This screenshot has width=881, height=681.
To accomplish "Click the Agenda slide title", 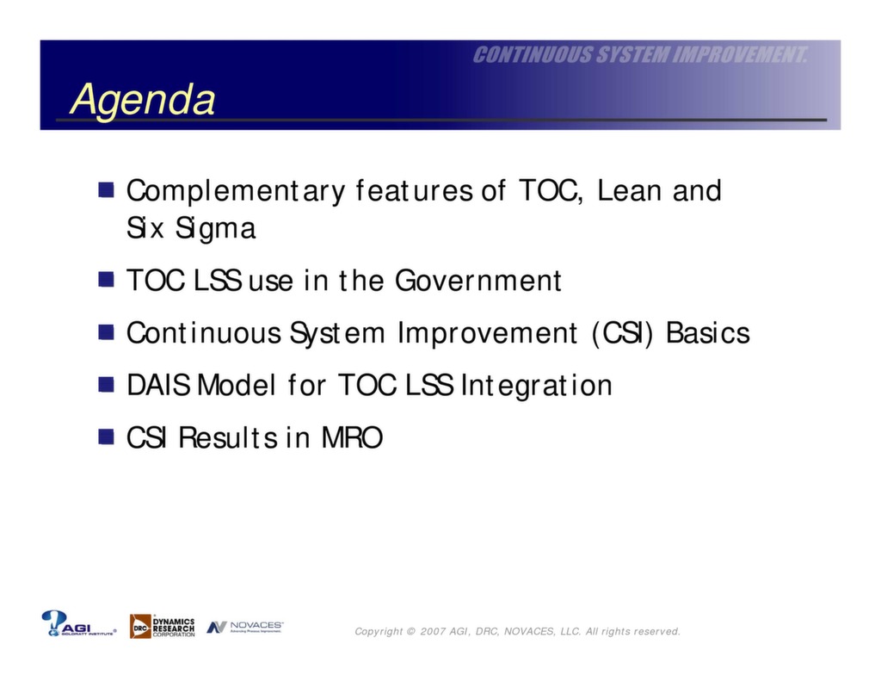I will [x=142, y=99].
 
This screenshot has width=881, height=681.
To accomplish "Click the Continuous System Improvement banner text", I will [x=640, y=56].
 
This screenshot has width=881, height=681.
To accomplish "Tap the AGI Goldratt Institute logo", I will [x=78, y=624].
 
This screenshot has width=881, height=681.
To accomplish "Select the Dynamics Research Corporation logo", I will [x=163, y=626].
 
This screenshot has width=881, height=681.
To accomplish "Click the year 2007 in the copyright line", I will [x=433, y=632].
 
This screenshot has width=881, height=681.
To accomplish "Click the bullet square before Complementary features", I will [x=106, y=189].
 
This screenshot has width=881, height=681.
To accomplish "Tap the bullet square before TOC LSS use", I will [x=106, y=280].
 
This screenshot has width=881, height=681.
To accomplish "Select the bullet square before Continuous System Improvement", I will [x=106, y=332].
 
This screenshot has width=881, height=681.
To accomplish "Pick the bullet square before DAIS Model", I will [x=106, y=384].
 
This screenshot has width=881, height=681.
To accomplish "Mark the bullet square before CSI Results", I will [x=106, y=437].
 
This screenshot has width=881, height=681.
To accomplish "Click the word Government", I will [x=477, y=281].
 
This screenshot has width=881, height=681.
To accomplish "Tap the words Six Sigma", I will [x=191, y=229].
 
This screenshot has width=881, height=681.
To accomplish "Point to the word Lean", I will [x=630, y=190].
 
